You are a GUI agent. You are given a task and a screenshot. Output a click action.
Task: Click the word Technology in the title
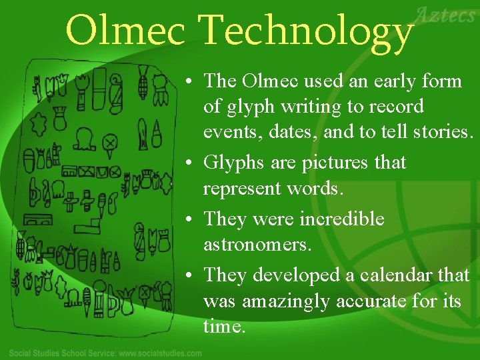pyautogui.click(x=307, y=31)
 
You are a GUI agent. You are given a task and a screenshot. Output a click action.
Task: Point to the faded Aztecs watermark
pyautogui.click(x=446, y=14)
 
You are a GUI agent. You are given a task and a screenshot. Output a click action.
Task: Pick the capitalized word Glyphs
pyautogui.click(x=233, y=163)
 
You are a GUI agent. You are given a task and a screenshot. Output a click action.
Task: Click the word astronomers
pyautogui.click(x=257, y=245)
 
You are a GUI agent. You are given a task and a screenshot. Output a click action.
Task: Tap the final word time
pyautogui.click(x=225, y=327)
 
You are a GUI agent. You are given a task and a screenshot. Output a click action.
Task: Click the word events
pyautogui.click(x=227, y=133)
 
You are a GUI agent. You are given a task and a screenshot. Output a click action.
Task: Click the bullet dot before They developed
pyautogui.click(x=190, y=275)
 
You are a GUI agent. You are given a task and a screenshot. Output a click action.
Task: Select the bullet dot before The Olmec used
pyautogui.click(x=190, y=81)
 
